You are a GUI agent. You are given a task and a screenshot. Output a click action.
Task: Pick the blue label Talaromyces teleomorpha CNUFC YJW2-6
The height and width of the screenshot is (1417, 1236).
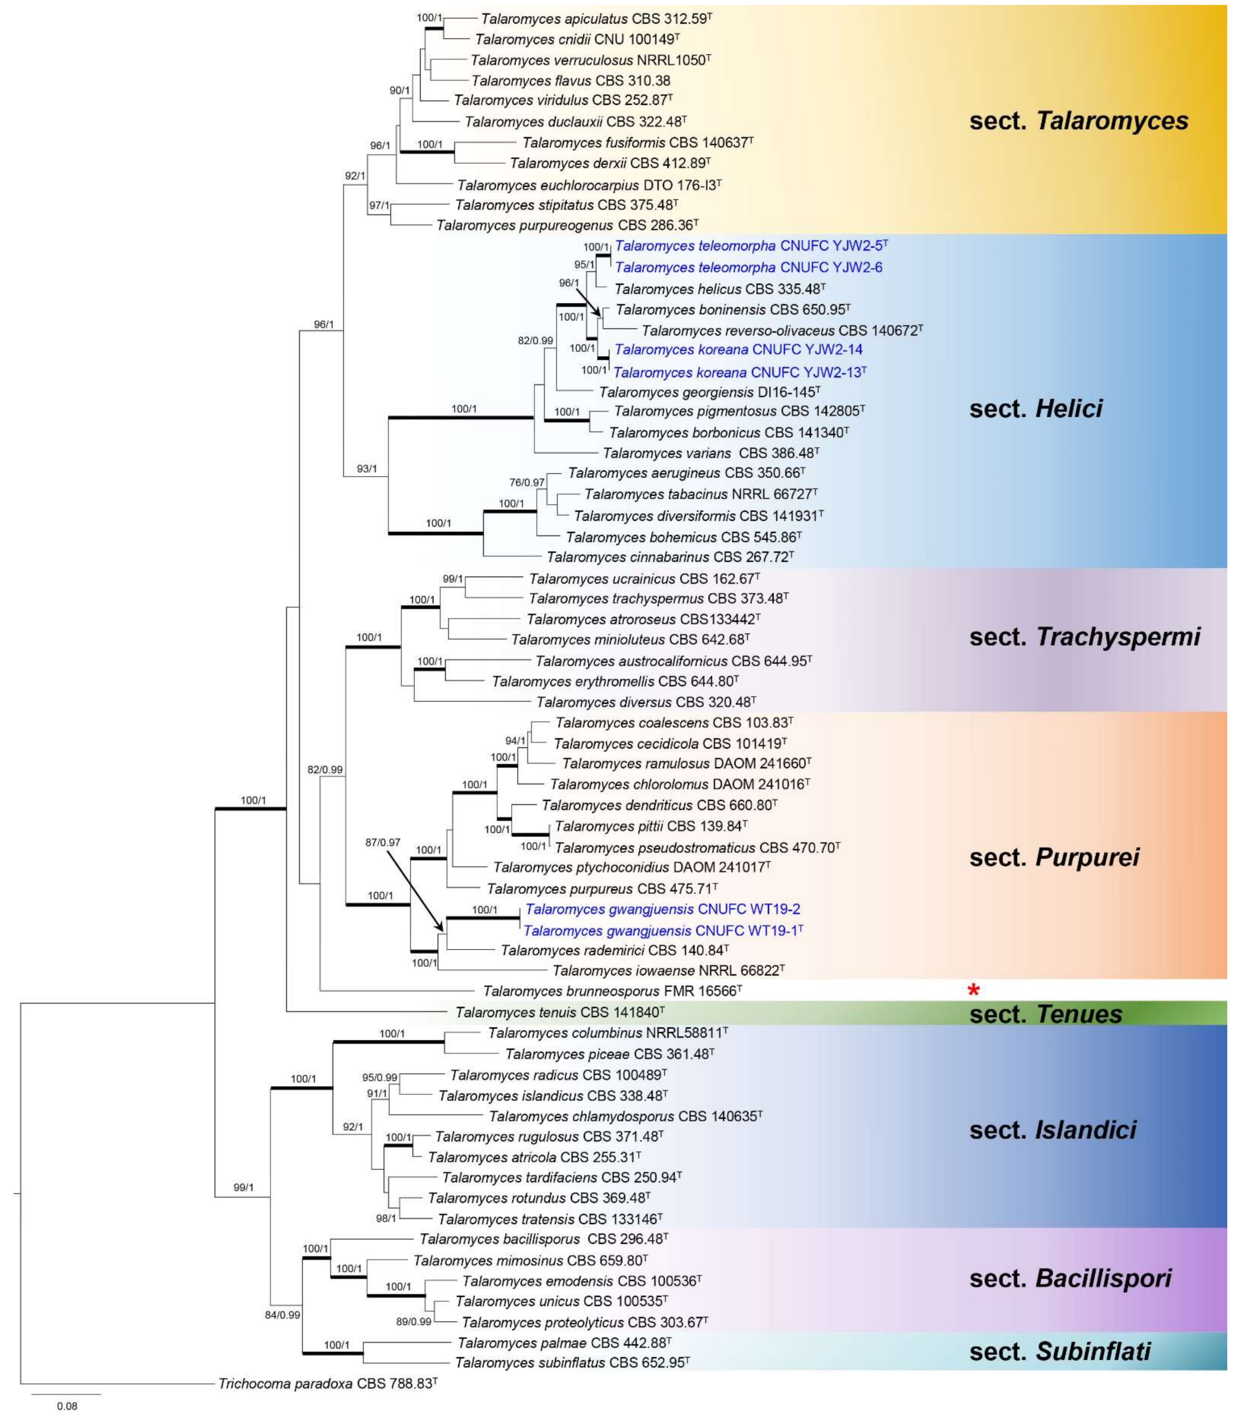click(x=748, y=267)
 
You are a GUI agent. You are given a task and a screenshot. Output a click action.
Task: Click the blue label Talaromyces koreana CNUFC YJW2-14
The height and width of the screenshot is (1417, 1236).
click(x=739, y=350)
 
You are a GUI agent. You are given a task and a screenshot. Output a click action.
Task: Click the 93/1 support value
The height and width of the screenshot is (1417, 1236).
click(x=367, y=469)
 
